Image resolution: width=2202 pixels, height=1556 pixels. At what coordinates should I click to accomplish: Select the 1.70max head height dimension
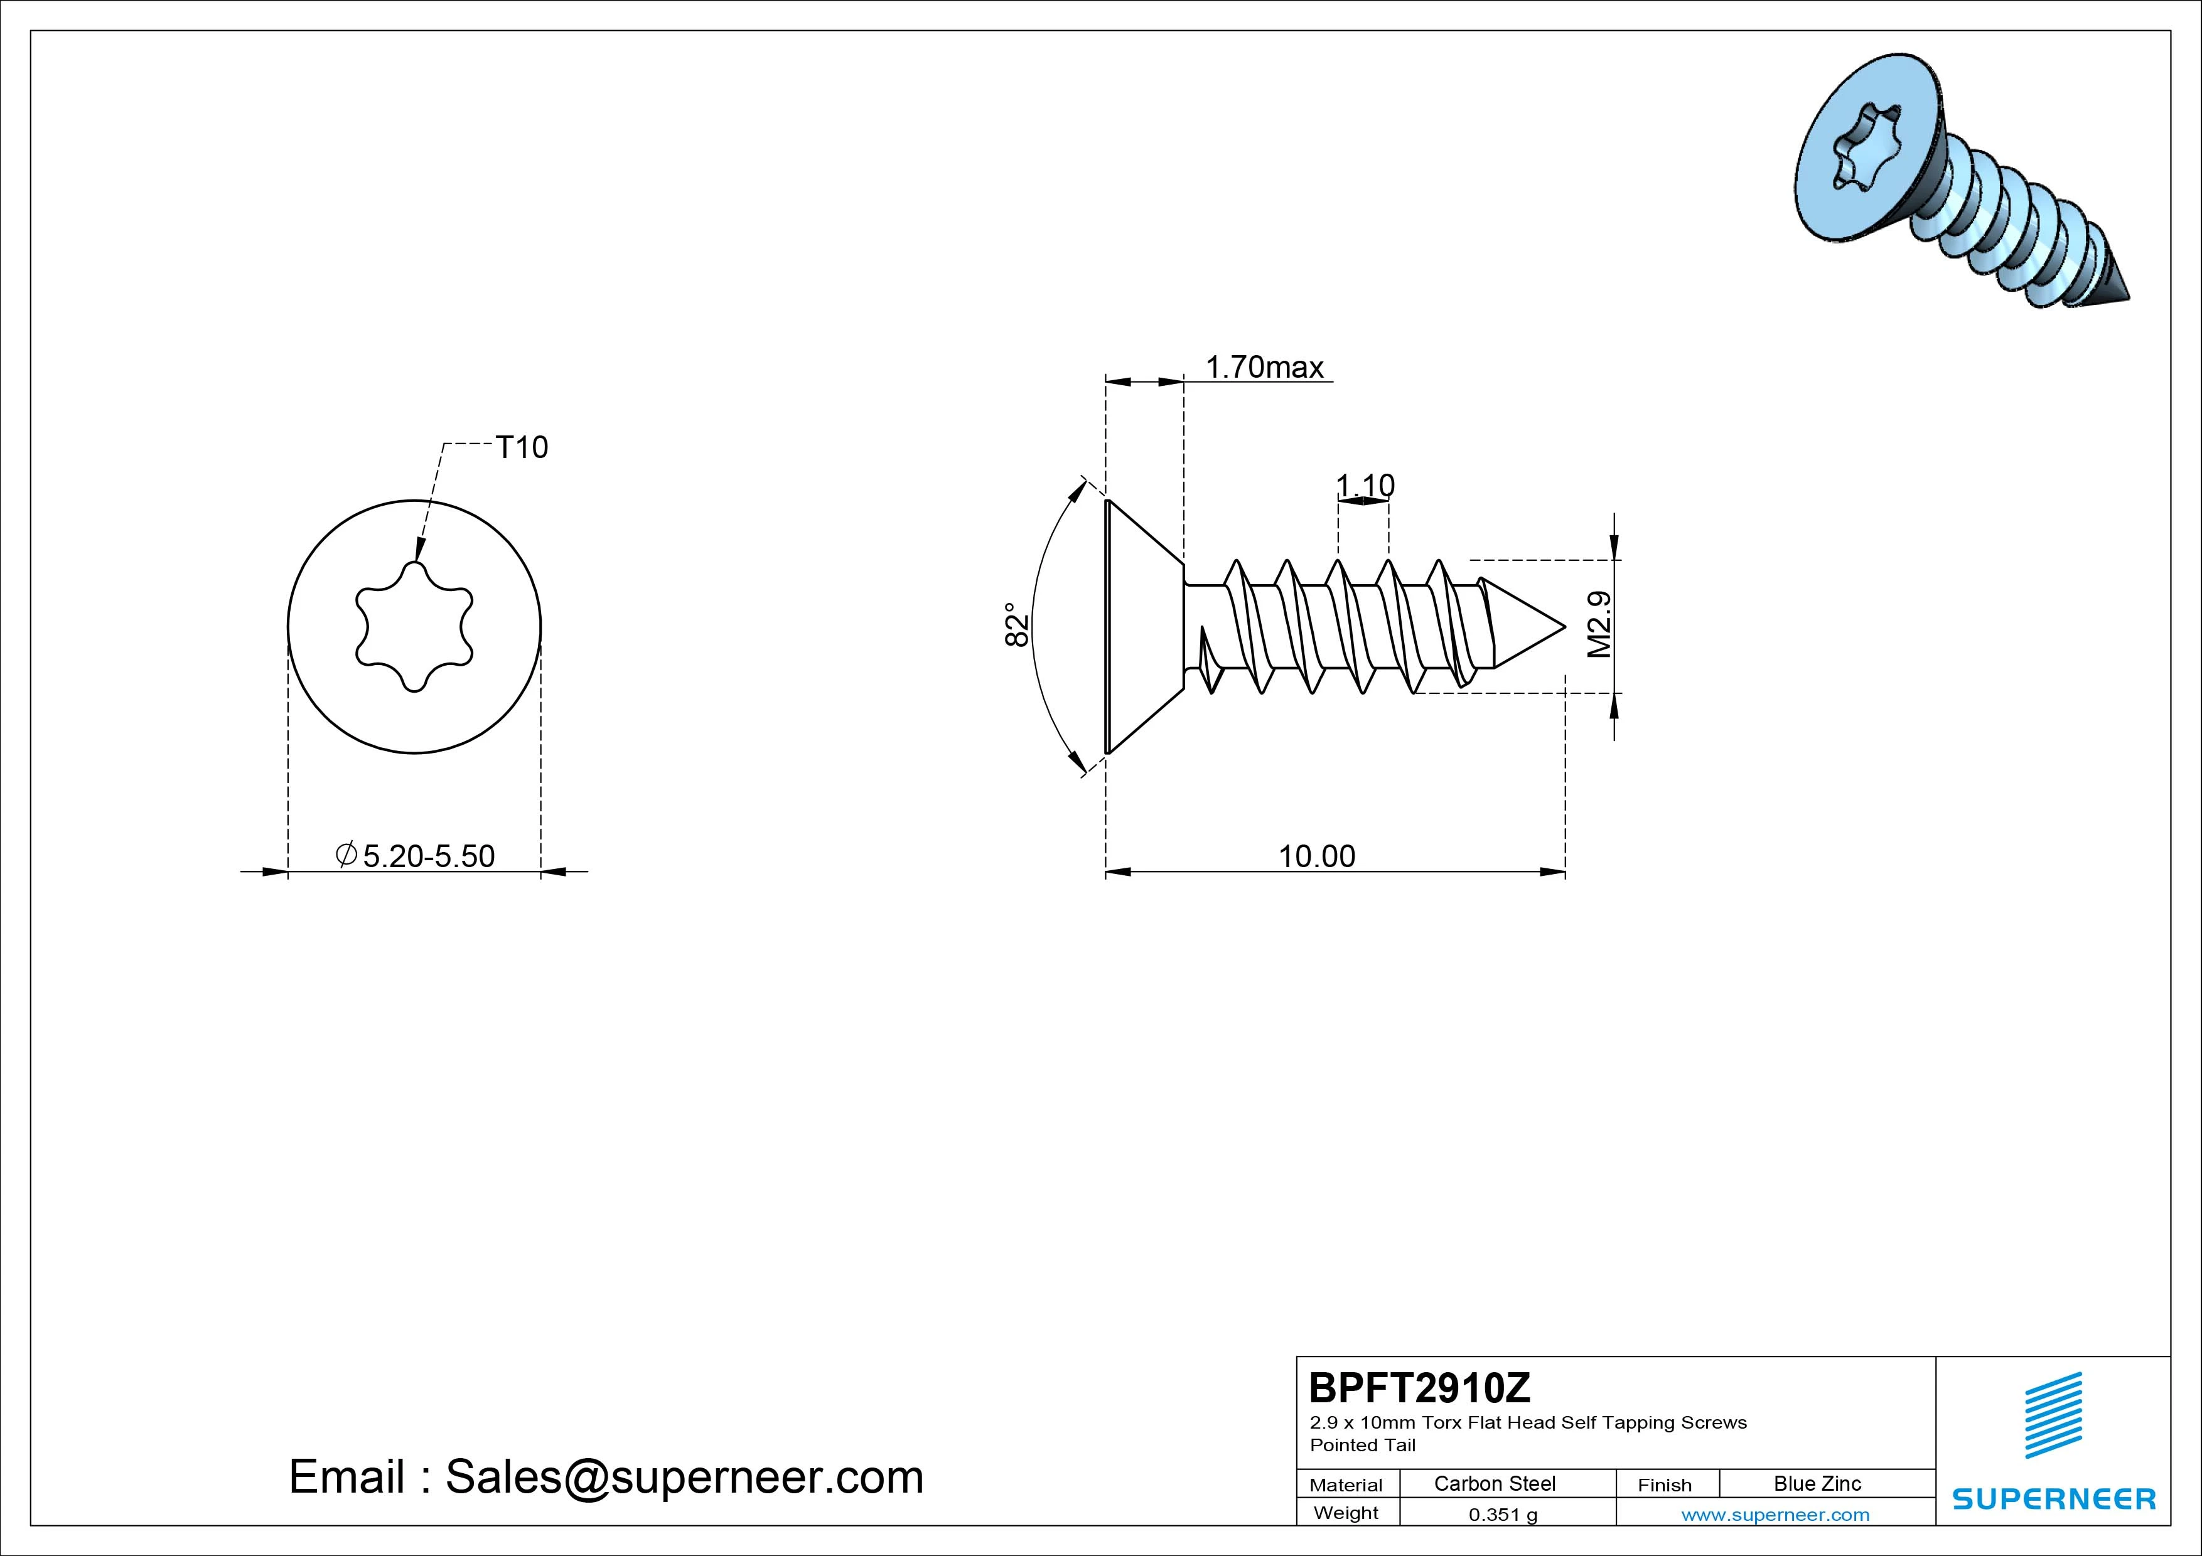pos(1264,367)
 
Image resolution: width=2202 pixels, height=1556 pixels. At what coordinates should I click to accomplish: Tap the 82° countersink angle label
pos(1017,624)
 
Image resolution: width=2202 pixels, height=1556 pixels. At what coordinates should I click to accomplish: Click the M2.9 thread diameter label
pos(1599,624)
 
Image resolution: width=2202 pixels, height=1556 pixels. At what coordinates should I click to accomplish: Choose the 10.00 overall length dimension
pos(1317,856)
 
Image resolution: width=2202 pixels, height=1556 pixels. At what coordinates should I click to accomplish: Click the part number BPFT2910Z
pos(1419,1387)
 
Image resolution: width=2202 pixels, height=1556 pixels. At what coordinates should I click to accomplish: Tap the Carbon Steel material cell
pos(1494,1483)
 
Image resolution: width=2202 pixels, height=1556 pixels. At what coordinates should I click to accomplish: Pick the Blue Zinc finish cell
pos(1817,1483)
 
